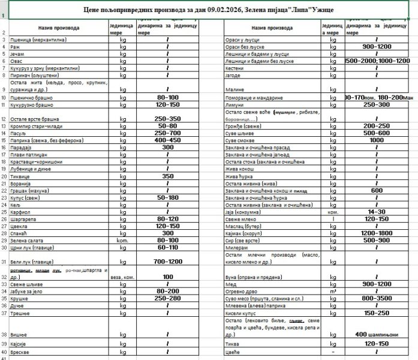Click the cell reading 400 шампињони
tap(377, 334)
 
